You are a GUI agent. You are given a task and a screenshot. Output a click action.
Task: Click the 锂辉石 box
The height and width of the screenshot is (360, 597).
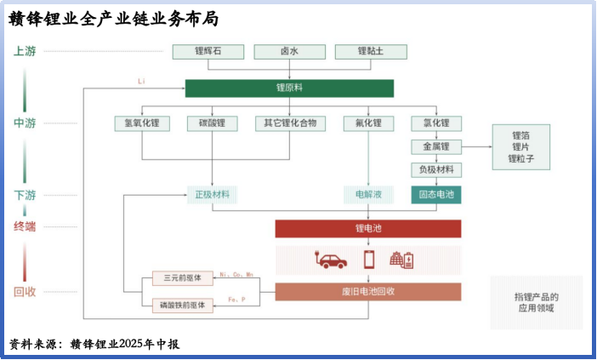(x=207, y=51)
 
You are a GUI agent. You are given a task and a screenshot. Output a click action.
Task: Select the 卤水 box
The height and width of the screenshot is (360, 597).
(x=289, y=51)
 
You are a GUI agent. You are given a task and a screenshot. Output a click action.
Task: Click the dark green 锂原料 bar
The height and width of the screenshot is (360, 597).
(x=289, y=88)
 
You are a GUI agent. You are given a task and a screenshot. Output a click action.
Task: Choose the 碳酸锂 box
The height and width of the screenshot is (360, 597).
(x=212, y=123)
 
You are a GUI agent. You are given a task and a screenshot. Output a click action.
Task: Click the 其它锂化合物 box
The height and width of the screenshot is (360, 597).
(x=289, y=123)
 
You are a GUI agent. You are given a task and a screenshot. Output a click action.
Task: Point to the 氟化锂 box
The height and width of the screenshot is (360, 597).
(x=368, y=123)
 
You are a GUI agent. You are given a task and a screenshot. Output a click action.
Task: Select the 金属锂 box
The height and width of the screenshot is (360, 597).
(x=436, y=146)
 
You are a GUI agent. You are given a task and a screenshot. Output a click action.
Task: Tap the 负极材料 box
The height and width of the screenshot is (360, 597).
(x=436, y=169)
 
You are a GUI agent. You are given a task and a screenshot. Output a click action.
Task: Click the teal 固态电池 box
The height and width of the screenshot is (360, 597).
(x=437, y=194)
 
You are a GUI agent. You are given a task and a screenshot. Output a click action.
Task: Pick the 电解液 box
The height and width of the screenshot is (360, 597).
(x=368, y=194)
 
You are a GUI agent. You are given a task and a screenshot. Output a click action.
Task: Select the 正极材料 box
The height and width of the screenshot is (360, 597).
(x=212, y=194)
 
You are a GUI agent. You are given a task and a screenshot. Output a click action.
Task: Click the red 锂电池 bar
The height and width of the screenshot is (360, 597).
(x=368, y=228)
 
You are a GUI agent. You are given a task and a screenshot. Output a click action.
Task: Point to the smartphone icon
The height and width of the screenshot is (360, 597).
(x=368, y=259)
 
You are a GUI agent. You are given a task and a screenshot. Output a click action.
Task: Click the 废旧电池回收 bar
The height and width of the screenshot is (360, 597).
(x=368, y=292)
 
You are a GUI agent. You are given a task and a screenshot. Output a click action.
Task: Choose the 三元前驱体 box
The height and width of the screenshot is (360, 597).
(x=177, y=278)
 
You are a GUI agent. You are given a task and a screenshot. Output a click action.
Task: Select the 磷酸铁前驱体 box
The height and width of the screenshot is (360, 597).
(x=177, y=304)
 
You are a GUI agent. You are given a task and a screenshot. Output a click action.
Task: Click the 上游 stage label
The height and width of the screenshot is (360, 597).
(x=25, y=51)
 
